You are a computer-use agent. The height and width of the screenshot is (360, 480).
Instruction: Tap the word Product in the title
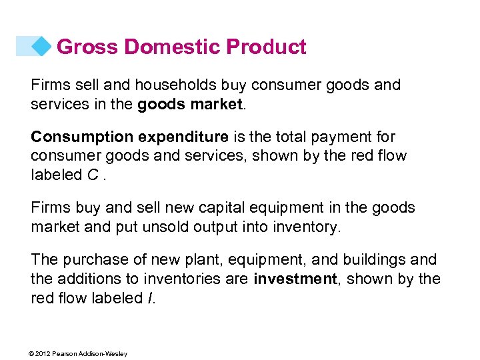(x=267, y=47)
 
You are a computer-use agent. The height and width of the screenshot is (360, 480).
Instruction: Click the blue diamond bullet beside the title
(x=42, y=46)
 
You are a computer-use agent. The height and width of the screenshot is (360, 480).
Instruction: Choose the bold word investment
(x=295, y=278)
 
